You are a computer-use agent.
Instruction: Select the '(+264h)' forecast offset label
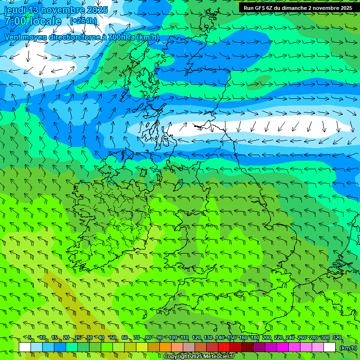click(83, 21)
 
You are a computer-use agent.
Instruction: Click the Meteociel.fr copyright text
click(199, 357)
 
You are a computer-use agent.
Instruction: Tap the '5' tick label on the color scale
click(30, 338)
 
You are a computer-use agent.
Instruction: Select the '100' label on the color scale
click(173, 338)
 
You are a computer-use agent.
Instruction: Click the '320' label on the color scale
click(337, 338)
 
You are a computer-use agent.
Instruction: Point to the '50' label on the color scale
click(113, 338)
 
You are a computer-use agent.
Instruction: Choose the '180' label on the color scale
click(255, 338)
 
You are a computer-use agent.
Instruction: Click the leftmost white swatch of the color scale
click(25, 347)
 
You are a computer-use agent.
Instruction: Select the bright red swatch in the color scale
click(224, 347)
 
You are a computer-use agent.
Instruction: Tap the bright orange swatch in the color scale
click(165, 347)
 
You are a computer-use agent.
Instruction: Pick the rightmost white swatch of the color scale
click(330, 347)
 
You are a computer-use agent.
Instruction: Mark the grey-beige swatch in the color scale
click(189, 347)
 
